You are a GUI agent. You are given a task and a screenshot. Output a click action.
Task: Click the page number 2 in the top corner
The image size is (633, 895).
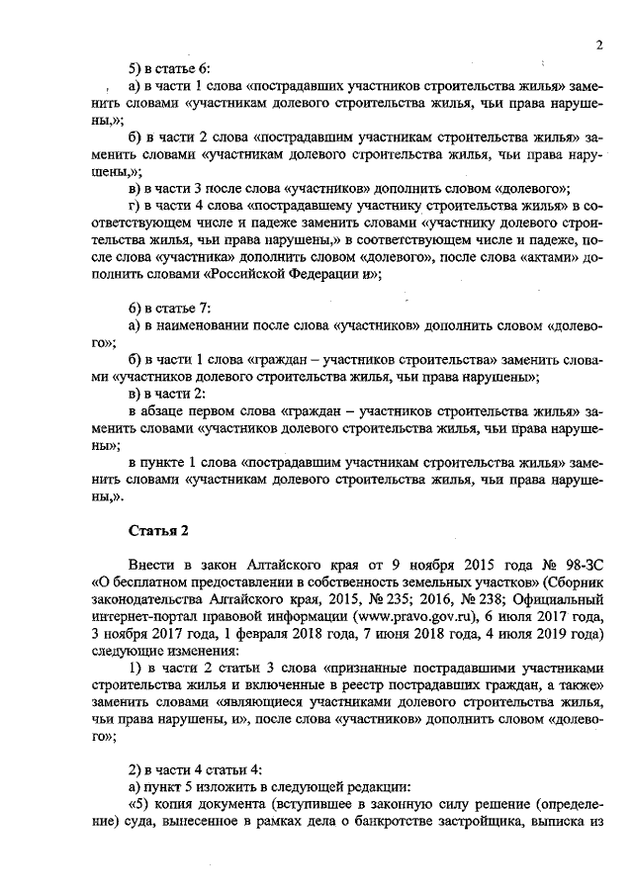point(599,45)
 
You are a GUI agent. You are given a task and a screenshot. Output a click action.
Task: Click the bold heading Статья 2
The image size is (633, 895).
point(158,531)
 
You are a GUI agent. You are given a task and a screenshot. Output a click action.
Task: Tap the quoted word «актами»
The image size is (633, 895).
point(549,259)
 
